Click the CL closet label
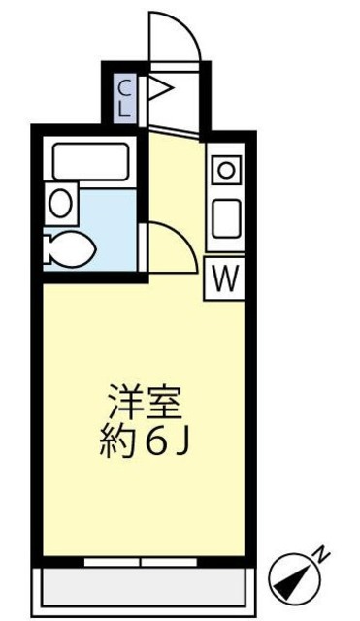pyautogui.click(x=125, y=97)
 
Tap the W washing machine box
pyautogui.click(x=223, y=279)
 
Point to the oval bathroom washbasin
pyautogui.click(x=59, y=203)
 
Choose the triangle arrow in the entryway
pyautogui.click(x=159, y=93)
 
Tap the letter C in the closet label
pyautogui.click(x=125, y=87)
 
